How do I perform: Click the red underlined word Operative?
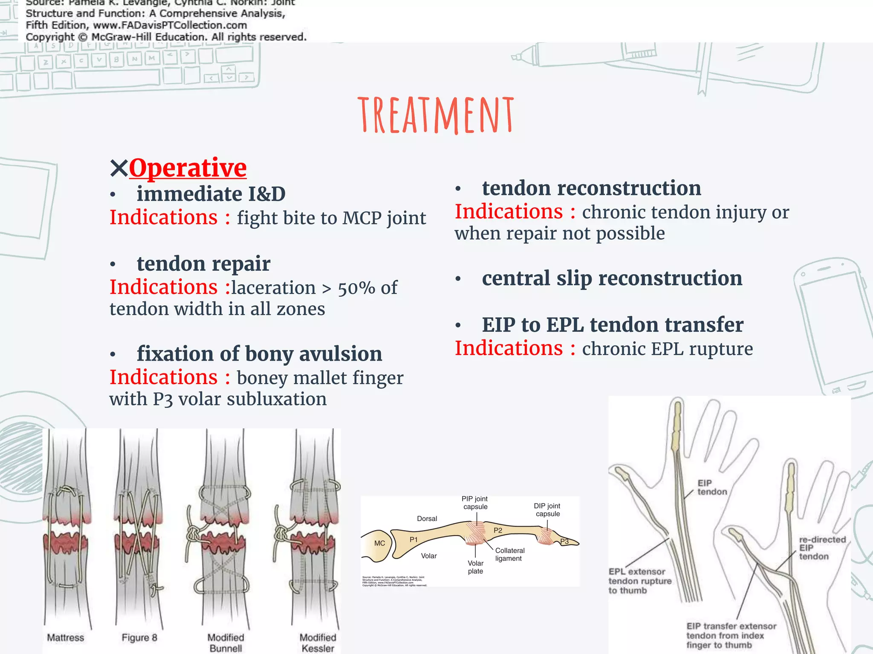point(188,168)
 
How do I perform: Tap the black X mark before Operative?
point(119,168)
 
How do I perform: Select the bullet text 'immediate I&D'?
point(211,194)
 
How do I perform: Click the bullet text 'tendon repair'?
point(203,264)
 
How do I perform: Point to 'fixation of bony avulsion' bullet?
point(259,354)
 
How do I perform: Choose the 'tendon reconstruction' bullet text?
point(591,188)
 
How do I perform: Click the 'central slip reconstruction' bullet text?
point(612,278)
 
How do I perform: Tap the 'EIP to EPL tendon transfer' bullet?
point(613,325)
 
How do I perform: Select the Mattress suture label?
point(65,637)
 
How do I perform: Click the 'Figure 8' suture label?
point(139,637)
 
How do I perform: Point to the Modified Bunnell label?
point(225,643)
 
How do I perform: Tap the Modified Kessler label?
point(318,643)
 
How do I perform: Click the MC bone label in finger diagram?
point(379,543)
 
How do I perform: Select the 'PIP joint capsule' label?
point(475,502)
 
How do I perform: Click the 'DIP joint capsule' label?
point(547,510)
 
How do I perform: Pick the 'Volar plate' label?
point(475,567)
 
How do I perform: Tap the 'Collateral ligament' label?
point(510,554)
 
